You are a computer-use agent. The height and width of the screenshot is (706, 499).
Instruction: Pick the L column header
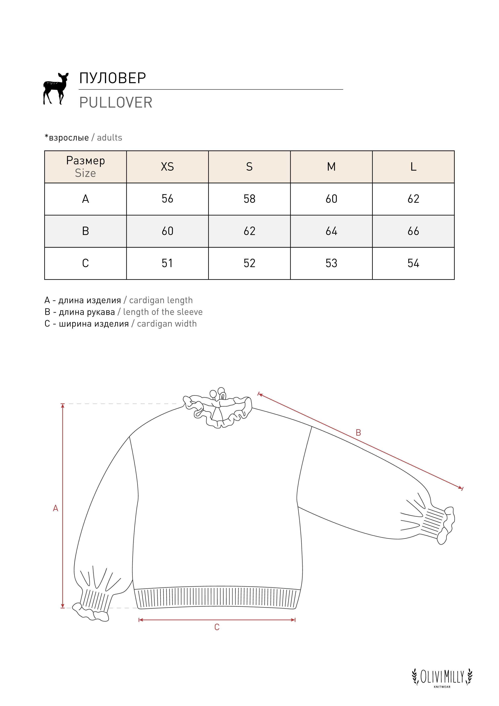click(x=413, y=167)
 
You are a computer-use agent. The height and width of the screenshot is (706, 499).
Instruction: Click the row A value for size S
click(x=249, y=199)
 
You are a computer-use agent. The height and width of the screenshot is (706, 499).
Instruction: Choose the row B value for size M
click(x=331, y=231)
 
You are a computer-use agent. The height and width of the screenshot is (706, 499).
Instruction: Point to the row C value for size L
click(x=413, y=263)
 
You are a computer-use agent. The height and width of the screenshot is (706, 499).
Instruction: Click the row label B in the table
click(x=85, y=231)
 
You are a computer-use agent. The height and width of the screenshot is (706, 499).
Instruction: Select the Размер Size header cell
click(x=85, y=167)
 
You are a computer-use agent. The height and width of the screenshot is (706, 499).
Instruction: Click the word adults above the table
click(x=109, y=138)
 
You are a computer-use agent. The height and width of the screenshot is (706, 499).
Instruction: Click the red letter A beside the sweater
click(x=55, y=508)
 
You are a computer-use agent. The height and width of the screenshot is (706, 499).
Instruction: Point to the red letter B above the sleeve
click(x=358, y=433)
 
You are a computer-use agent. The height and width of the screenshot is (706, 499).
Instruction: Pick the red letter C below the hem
click(x=217, y=627)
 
